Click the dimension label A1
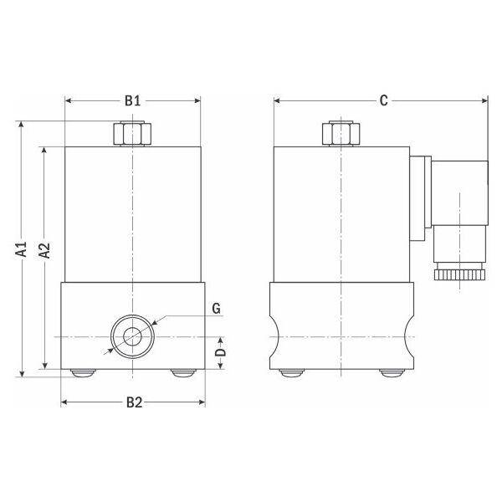[23, 248]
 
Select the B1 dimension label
[132, 101]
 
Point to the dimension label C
[382, 101]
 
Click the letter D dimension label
[220, 352]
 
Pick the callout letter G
[216, 309]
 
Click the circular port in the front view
[132, 336]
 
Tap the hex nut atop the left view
[132, 134]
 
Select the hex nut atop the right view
[341, 134]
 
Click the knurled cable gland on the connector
[456, 273]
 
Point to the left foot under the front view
[82, 374]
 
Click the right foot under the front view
[182, 374]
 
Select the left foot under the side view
[291, 374]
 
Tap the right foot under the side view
[390, 374]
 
